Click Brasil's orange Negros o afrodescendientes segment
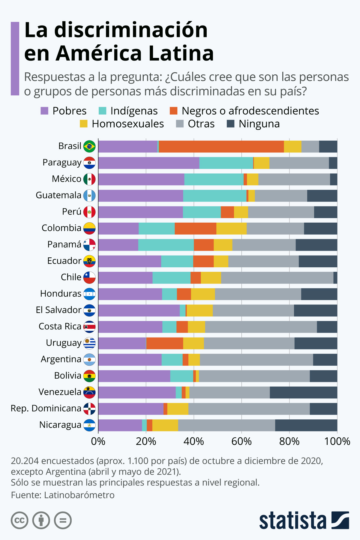coord(221,146)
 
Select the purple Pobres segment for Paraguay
coord(148,163)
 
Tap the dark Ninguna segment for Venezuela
coord(303,392)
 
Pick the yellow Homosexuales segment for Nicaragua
coord(165,425)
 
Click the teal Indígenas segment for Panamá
coord(166,245)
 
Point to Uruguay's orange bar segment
coord(164,343)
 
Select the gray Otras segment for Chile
coord(277,277)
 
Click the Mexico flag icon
coord(89,179)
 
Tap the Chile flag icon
coord(89,277)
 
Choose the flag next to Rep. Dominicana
coord(89,409)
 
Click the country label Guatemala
coord(58,195)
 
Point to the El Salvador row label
coord(58,310)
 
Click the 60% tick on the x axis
coord(241,441)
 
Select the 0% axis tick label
coord(98,441)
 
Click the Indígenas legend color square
coord(103,111)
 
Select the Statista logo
coord(304,520)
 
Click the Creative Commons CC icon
coord(19,520)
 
